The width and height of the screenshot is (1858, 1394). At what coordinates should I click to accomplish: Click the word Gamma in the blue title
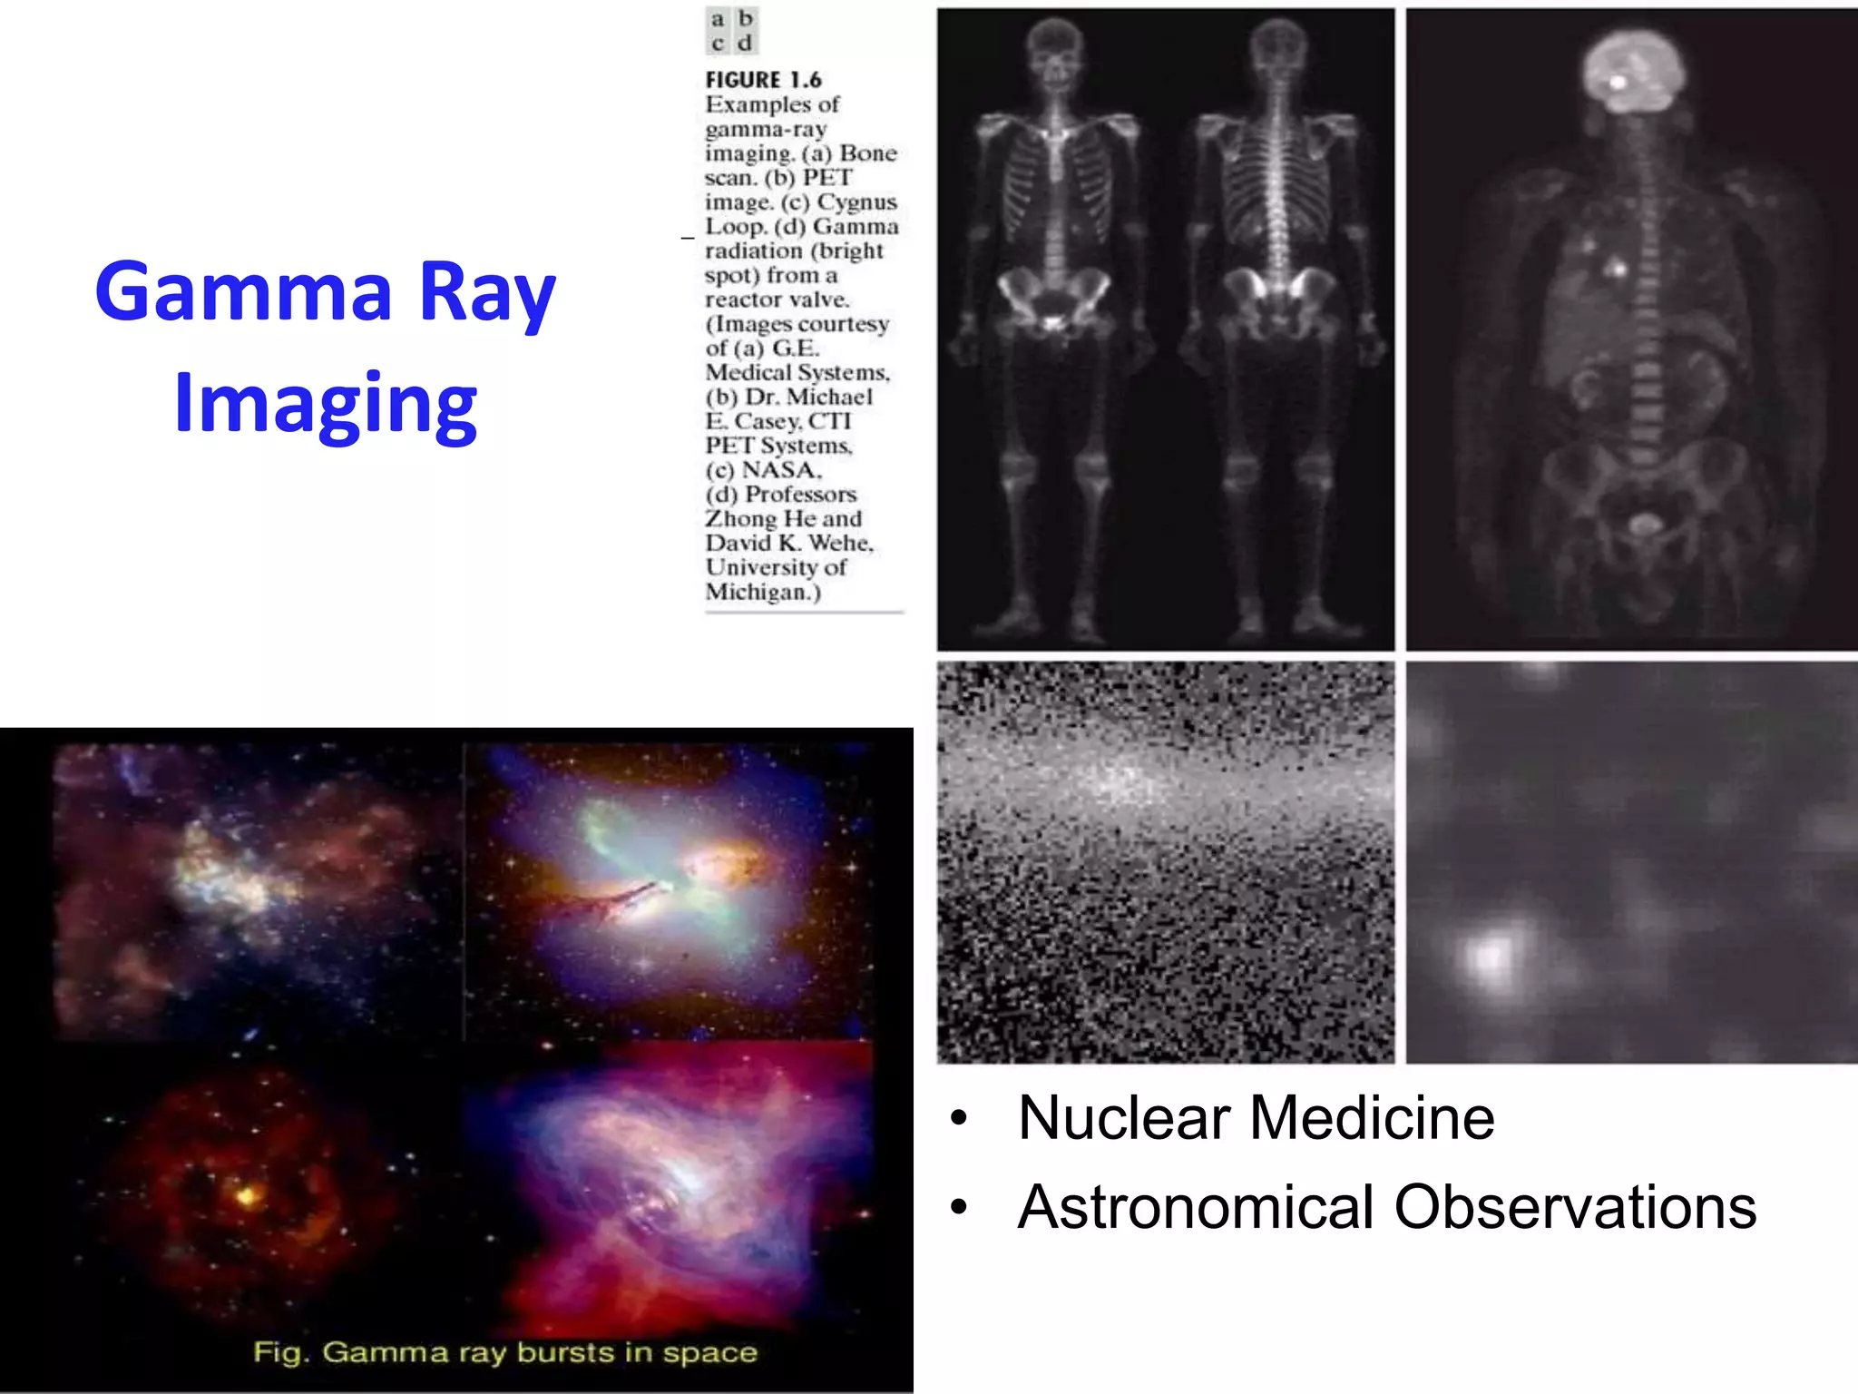[243, 292]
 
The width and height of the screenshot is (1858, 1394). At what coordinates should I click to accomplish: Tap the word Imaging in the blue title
[325, 404]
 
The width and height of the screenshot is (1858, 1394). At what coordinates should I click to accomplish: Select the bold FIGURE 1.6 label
[763, 80]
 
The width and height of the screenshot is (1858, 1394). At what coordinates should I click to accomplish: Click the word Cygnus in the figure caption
[856, 201]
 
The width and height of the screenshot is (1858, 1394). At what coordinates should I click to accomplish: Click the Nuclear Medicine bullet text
[1256, 1117]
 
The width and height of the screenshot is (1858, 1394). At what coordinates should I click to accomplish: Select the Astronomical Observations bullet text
[1386, 1207]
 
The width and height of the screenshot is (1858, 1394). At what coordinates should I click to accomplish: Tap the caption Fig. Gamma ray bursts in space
[504, 1352]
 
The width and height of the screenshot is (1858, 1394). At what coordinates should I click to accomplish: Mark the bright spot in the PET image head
[1618, 83]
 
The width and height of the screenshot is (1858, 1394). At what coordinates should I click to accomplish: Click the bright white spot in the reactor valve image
[1489, 956]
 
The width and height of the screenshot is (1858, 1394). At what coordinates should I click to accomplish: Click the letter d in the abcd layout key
[745, 43]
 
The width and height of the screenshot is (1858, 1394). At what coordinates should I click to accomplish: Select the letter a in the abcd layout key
[718, 19]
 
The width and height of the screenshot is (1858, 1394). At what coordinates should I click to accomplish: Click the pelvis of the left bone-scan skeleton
[1052, 299]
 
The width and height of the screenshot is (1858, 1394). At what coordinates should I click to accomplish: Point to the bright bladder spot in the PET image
[1643, 524]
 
